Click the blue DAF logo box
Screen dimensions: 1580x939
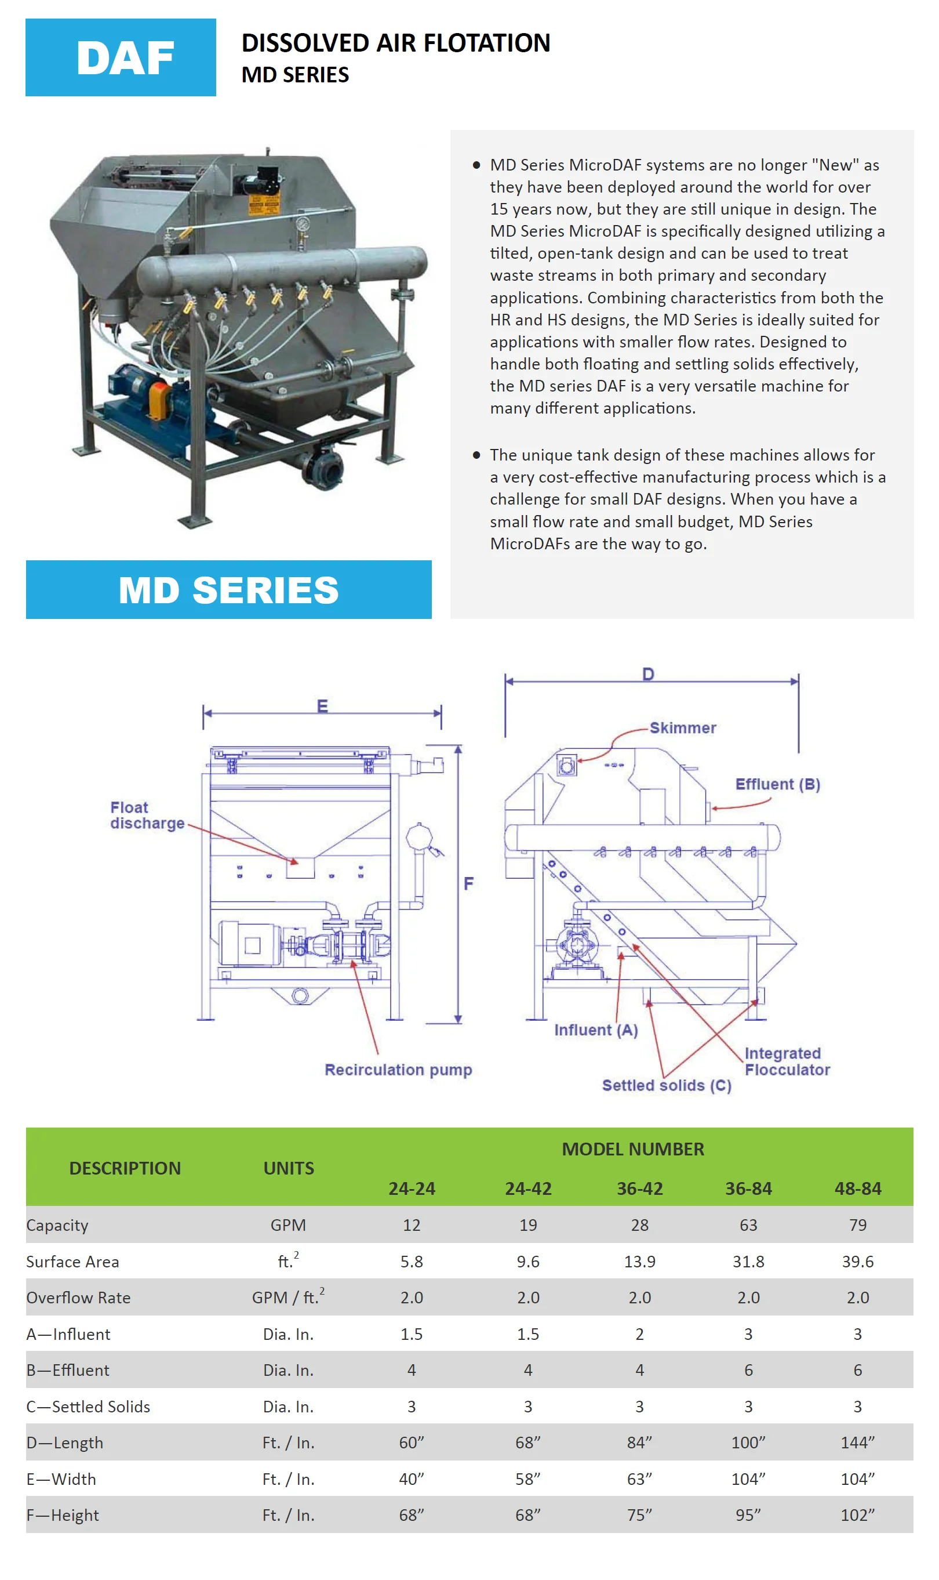[x=120, y=57]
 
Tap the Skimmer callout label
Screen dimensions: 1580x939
[x=683, y=727]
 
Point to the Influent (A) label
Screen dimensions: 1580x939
[x=595, y=1030]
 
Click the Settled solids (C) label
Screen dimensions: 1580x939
[x=667, y=1085]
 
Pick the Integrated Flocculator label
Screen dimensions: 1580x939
[x=787, y=1061]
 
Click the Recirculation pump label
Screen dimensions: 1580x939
[x=398, y=1069]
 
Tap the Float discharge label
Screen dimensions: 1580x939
[x=147, y=816]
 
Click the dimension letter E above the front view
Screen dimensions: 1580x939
[x=322, y=706]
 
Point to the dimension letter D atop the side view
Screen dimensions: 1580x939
[x=648, y=673]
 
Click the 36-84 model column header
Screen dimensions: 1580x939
[x=748, y=1188]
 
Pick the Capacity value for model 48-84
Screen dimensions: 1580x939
[x=857, y=1225]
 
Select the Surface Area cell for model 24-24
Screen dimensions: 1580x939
[x=412, y=1262]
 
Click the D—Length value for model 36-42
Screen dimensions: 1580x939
[x=639, y=1443]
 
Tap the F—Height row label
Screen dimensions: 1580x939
[x=63, y=1515]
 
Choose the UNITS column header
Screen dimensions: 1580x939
[x=289, y=1168]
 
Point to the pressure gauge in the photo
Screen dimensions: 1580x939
[x=302, y=224]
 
